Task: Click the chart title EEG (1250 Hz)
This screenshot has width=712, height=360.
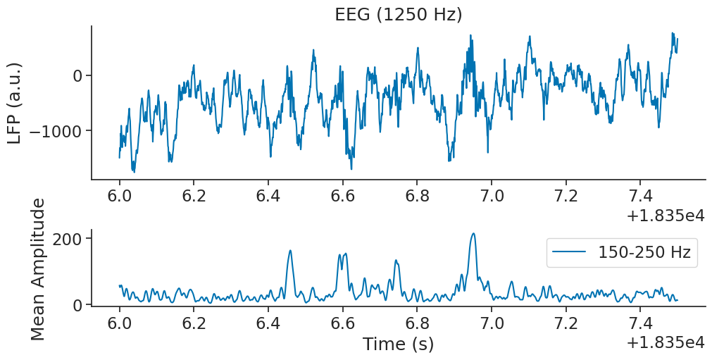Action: coord(398,14)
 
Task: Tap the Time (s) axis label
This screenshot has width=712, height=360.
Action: coord(398,345)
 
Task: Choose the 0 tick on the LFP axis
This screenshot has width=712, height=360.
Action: coord(77,75)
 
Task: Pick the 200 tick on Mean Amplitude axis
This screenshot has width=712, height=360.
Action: coord(68,238)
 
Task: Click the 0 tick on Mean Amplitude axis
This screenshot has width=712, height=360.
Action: coord(77,305)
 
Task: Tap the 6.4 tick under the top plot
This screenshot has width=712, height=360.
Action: coord(268,194)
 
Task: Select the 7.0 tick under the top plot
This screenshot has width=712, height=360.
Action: coord(492,194)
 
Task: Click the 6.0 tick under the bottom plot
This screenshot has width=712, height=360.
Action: coord(120,324)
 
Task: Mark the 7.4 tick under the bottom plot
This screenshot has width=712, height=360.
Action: coord(640,324)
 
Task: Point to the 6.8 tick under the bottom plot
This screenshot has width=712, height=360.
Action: coord(417,324)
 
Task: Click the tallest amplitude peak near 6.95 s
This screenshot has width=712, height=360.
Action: coord(473,234)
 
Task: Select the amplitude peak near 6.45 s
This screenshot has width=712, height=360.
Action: coord(290,250)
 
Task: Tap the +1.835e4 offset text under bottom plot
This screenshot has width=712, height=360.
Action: coord(665,343)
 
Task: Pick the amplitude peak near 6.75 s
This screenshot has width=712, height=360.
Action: coord(396,261)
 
